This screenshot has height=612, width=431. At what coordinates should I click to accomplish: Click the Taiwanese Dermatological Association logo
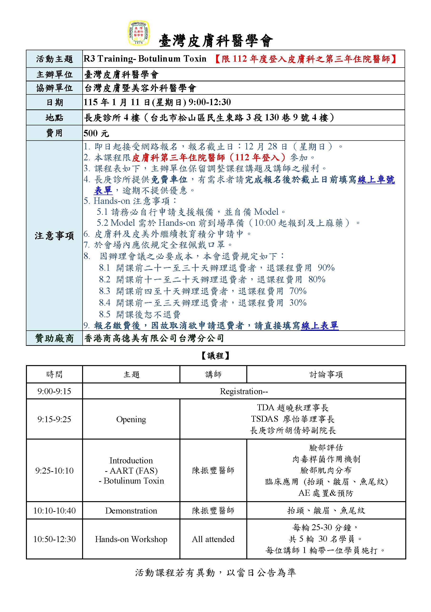click(139, 33)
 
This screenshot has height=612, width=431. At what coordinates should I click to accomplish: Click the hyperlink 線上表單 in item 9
click(320, 325)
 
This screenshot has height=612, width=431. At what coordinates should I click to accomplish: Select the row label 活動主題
click(54, 59)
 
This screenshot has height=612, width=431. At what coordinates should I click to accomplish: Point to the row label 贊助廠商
click(54, 338)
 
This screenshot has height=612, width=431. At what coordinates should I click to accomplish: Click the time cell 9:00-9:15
click(54, 391)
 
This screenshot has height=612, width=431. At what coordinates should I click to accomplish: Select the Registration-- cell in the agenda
click(244, 391)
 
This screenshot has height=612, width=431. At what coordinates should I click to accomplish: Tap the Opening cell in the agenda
click(131, 419)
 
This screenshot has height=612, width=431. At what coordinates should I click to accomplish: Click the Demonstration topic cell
click(131, 510)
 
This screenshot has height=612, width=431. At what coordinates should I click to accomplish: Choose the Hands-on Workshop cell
click(131, 539)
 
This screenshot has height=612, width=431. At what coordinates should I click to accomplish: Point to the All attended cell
click(213, 539)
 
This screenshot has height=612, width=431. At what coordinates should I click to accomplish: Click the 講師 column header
click(213, 375)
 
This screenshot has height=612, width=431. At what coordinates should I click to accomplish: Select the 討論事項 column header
click(326, 375)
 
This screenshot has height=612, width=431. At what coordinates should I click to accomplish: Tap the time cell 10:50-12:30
click(54, 539)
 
